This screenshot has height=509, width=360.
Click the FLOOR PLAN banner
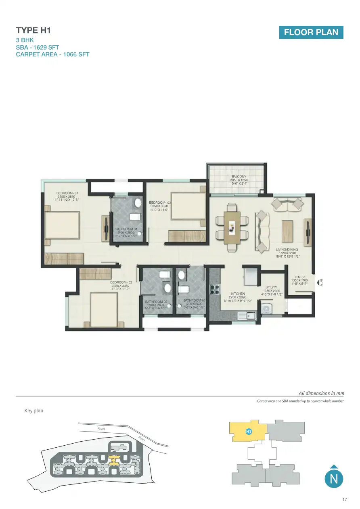pos(311,32)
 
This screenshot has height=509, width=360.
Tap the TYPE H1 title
pos(33,31)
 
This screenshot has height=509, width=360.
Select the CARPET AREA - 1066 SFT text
pos(52,54)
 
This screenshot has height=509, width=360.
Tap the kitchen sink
pos(247,315)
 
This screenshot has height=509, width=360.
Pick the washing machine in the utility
pos(266,309)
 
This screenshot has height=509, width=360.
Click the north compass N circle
pos(333,479)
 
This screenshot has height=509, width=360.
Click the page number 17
pos(344,500)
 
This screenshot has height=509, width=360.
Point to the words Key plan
pos(34,411)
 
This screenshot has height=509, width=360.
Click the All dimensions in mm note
pos(321,393)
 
